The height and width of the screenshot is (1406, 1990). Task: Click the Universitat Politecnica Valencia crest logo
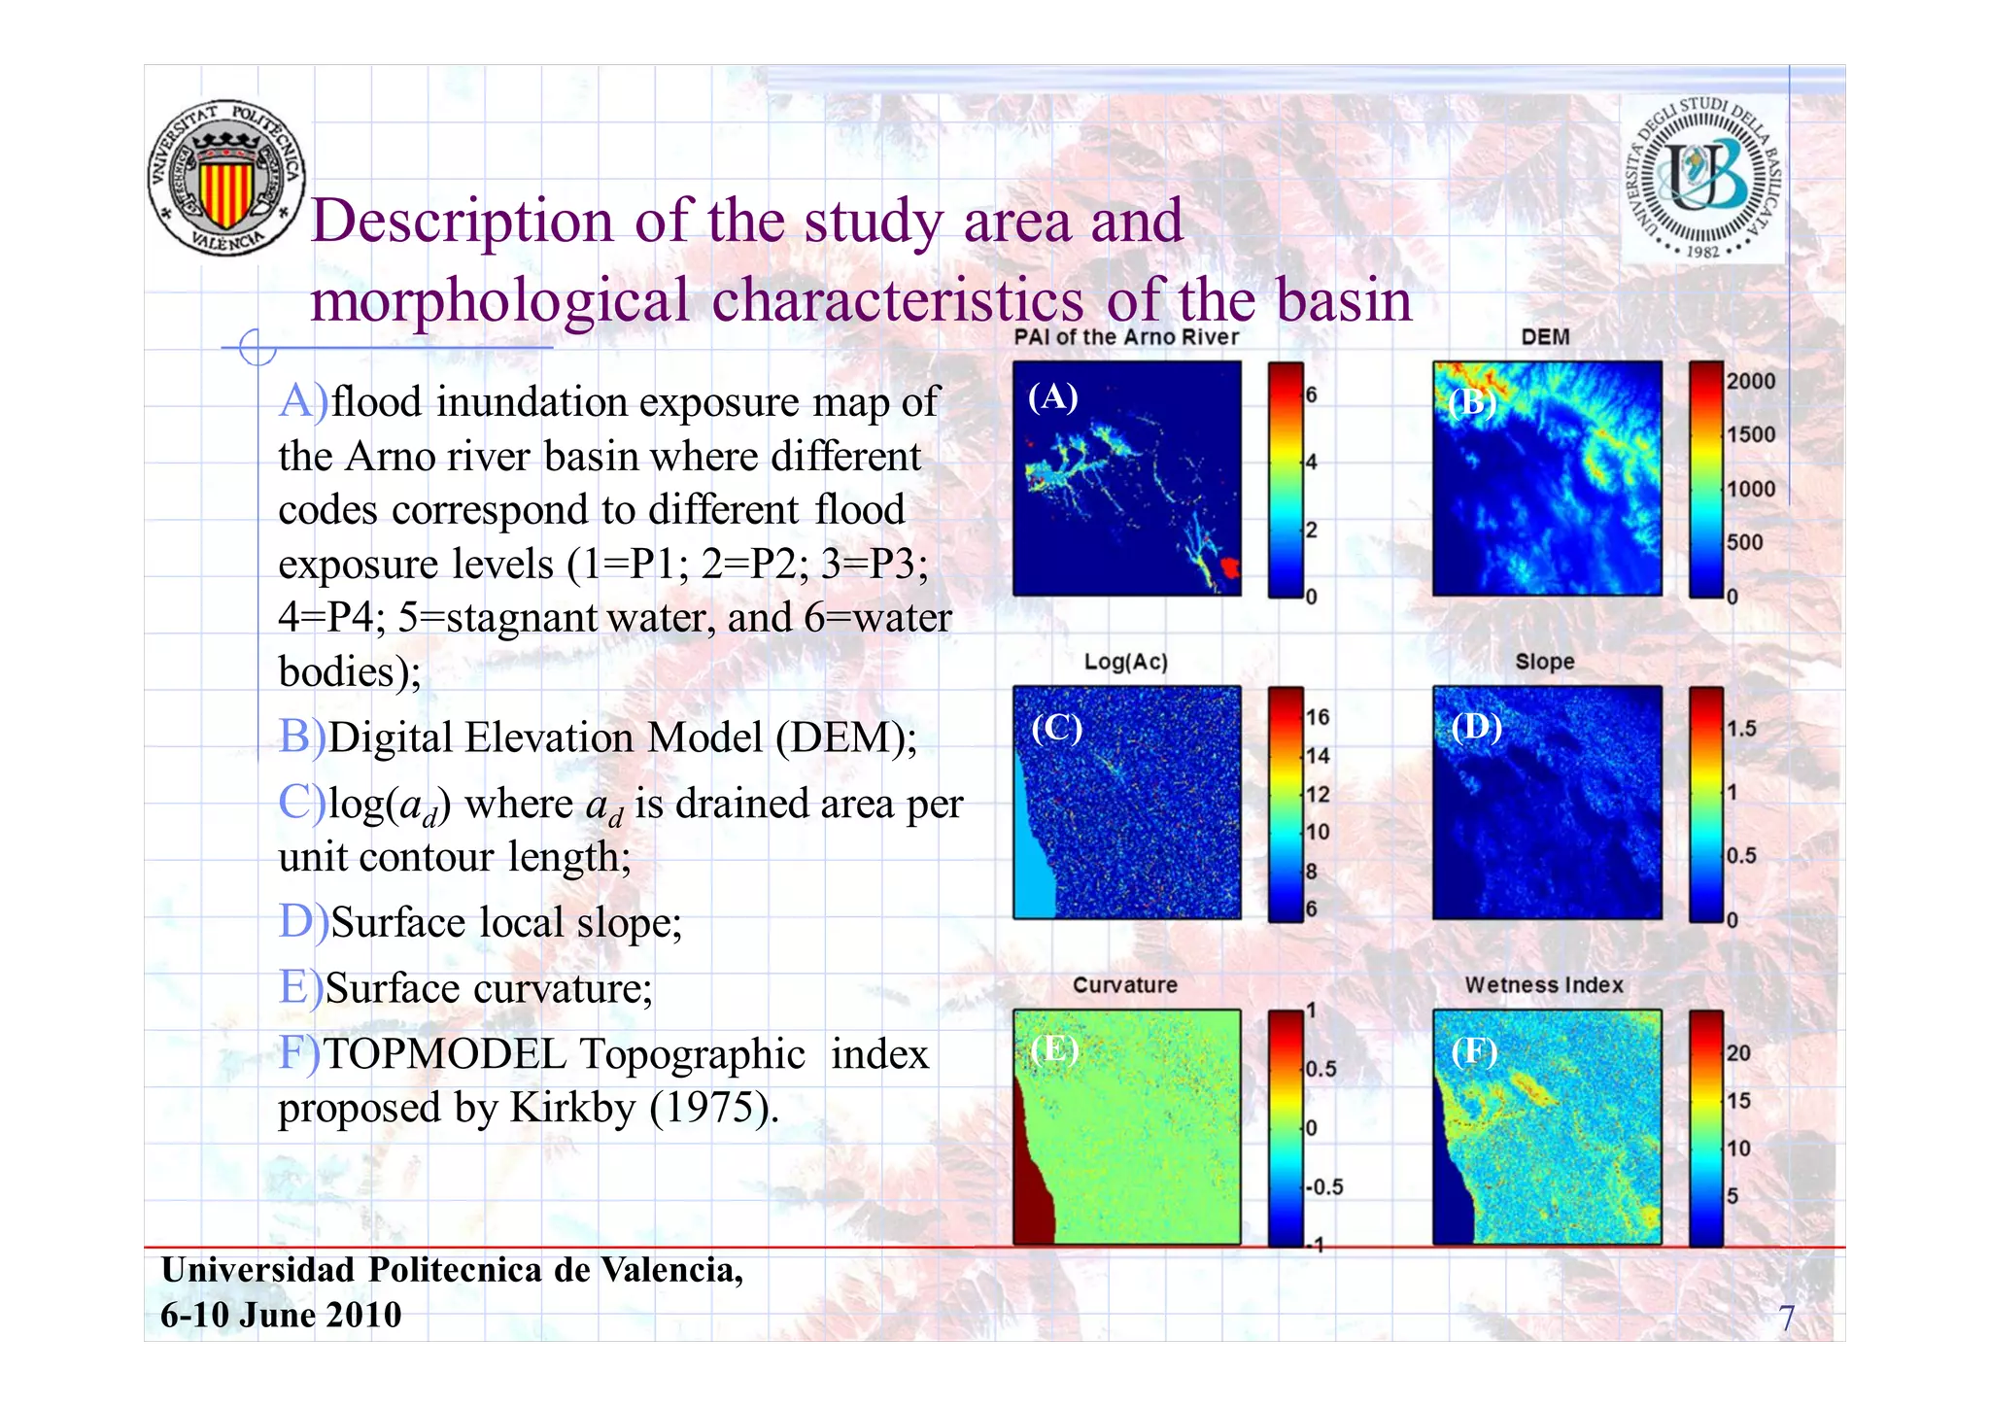(x=226, y=179)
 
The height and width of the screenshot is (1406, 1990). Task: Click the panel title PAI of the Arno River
(x=1126, y=337)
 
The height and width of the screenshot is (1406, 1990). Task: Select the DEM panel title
(x=1545, y=337)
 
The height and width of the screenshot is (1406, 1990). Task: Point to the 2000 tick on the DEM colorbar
(x=1750, y=381)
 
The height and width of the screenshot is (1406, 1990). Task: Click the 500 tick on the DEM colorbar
(x=1744, y=542)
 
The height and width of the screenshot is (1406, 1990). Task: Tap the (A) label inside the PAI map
(x=1053, y=396)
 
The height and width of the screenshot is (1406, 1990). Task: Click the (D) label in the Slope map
(x=1476, y=726)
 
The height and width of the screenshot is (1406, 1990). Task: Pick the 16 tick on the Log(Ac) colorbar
(x=1318, y=717)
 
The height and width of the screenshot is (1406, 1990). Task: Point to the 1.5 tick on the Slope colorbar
(x=1741, y=729)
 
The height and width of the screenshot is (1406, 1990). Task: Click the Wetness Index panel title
(x=1544, y=985)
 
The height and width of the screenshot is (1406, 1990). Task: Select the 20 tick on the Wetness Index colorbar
(x=1738, y=1053)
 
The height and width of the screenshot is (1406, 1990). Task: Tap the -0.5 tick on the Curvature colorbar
(x=1324, y=1187)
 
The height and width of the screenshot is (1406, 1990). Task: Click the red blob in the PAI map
(x=1230, y=566)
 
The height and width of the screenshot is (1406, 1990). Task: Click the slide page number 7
(x=1786, y=1319)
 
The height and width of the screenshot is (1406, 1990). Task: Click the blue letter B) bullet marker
(x=301, y=737)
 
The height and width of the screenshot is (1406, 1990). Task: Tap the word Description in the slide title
(x=463, y=221)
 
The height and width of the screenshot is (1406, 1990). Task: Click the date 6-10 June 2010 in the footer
(x=281, y=1315)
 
